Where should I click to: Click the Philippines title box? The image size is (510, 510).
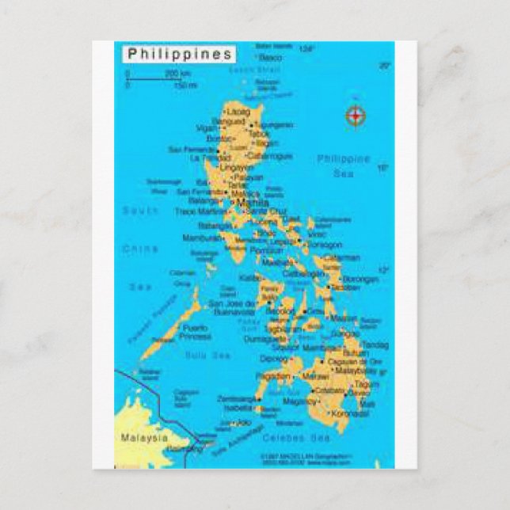[180, 54]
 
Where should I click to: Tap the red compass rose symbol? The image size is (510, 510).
[356, 116]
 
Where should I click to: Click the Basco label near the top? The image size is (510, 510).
[270, 58]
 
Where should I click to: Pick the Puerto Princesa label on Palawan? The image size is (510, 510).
[196, 332]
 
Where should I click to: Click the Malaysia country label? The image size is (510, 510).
[144, 437]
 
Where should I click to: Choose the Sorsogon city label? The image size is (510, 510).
[326, 245]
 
